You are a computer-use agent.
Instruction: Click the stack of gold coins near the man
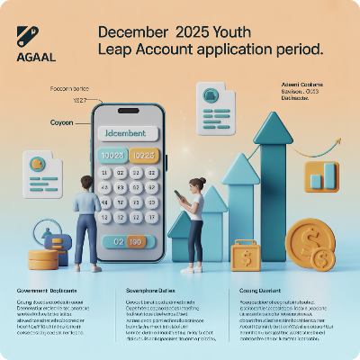[x=42, y=259]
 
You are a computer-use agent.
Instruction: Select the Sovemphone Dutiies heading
[x=152, y=292]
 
